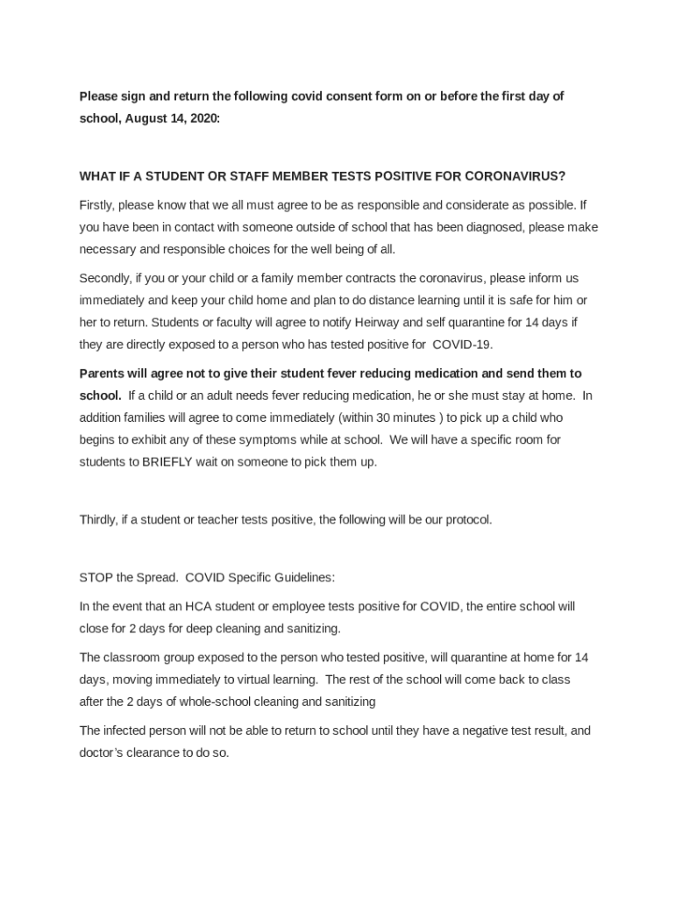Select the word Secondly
[x=104, y=278]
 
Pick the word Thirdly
[x=98, y=519]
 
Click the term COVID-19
[x=463, y=344]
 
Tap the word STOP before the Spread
[x=94, y=578]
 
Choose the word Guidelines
[x=302, y=578]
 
